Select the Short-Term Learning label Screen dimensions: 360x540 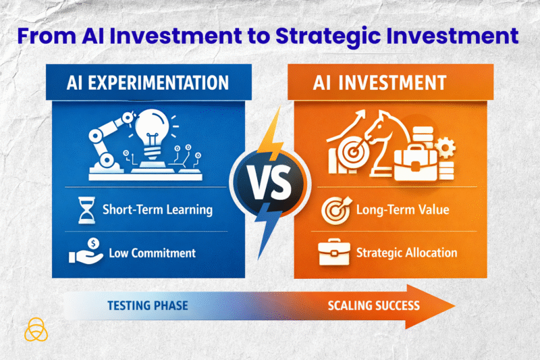[157, 210]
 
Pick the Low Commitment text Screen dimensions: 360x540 [152, 253]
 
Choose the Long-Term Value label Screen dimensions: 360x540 [402, 210]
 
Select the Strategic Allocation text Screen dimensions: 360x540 [406, 253]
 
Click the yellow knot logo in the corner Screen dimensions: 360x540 [34, 330]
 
